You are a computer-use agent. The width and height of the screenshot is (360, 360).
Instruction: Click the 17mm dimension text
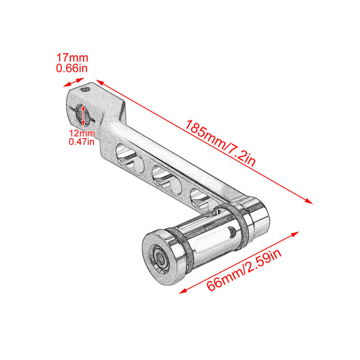tap(72, 58)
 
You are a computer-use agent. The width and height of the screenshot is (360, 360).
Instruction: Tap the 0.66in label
tap(72, 68)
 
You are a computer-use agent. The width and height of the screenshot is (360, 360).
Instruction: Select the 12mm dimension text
tap(82, 134)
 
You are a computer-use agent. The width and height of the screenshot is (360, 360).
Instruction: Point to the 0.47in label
tap(82, 141)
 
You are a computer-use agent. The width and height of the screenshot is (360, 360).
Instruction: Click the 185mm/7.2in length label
tap(220, 143)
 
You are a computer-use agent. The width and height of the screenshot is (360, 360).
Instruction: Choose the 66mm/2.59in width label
tap(244, 270)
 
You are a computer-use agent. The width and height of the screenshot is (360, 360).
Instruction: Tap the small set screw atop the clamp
tap(86, 89)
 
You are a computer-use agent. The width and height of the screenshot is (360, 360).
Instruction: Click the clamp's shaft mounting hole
tap(82, 116)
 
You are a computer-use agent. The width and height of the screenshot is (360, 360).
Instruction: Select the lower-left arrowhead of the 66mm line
tap(183, 291)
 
